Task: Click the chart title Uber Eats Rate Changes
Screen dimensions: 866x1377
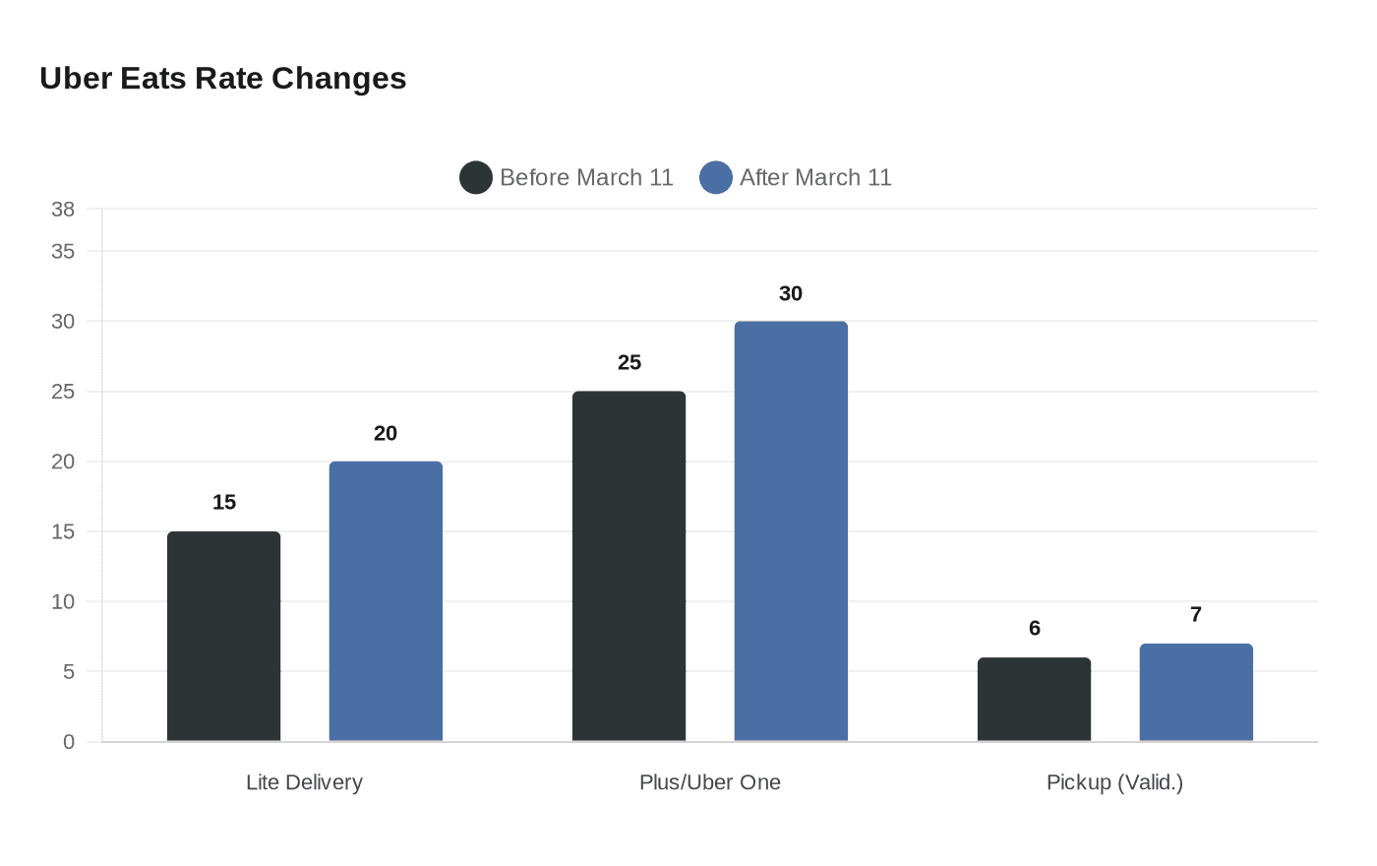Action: pyautogui.click(x=222, y=79)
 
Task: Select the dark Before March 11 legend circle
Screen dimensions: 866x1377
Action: pyautogui.click(x=476, y=177)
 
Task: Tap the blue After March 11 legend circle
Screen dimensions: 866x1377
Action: pyautogui.click(x=716, y=177)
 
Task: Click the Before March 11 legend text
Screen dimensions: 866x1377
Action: pyautogui.click(x=586, y=177)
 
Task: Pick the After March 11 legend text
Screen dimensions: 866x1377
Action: pyautogui.click(x=815, y=177)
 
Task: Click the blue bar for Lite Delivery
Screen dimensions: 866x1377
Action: pyautogui.click(x=386, y=601)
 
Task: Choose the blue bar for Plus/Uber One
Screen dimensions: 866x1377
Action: pyautogui.click(x=791, y=531)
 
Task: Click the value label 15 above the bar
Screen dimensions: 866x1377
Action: pyautogui.click(x=224, y=503)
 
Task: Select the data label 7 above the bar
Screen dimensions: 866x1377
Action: pyautogui.click(x=1196, y=615)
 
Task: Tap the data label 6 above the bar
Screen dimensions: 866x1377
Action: pyautogui.click(x=1034, y=629)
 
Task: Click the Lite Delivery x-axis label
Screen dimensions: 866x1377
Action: pyautogui.click(x=304, y=782)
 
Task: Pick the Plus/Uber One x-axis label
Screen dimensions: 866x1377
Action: pyautogui.click(x=709, y=782)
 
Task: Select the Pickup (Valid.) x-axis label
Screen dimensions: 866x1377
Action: pyautogui.click(x=1114, y=782)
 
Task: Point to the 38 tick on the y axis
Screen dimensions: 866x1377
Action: pyautogui.click(x=63, y=210)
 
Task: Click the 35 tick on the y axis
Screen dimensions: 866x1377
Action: pyautogui.click(x=63, y=252)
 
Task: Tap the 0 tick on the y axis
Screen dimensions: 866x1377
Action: pyautogui.click(x=69, y=742)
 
